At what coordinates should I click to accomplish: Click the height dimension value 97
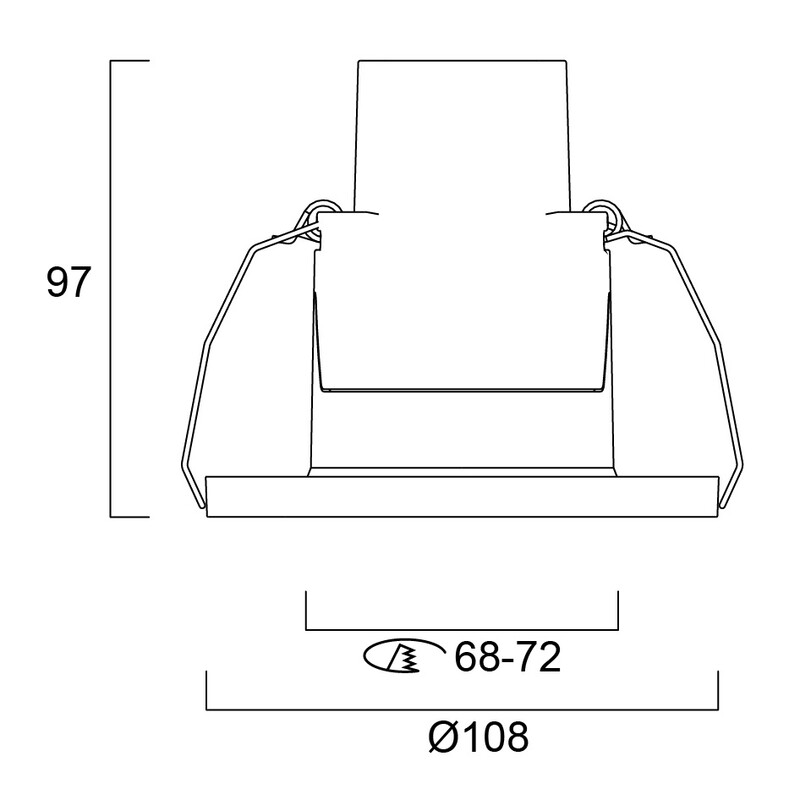(68, 282)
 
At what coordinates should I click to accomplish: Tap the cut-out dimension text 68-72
(508, 657)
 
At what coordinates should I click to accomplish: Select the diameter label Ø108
(478, 736)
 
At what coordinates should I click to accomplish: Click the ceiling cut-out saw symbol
(402, 656)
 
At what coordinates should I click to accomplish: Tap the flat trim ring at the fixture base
(462, 496)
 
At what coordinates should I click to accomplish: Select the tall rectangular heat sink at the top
(462, 136)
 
